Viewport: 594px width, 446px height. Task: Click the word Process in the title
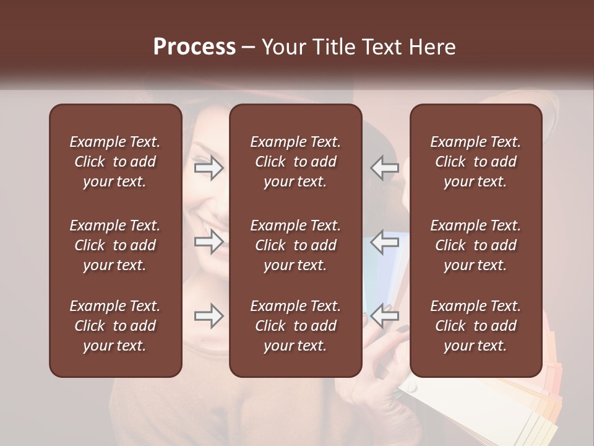194,47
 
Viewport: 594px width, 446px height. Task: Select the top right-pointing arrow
209,167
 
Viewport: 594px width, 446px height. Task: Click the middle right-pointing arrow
209,241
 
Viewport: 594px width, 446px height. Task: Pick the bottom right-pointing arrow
209,316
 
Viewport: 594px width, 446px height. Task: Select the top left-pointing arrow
384,167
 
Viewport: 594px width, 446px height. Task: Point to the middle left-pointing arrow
384,241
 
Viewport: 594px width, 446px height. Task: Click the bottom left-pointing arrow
384,316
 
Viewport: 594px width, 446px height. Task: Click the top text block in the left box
115,162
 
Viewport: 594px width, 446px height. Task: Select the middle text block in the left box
115,245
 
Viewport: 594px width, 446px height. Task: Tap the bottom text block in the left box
115,326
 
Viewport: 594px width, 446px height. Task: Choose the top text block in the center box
295,162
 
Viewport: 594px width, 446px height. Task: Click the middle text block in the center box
295,245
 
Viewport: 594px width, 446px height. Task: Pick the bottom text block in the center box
295,326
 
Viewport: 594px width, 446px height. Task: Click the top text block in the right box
475,162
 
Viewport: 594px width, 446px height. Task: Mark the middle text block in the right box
475,245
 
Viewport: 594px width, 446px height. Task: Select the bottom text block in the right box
475,326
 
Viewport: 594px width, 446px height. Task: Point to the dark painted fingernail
402,329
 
